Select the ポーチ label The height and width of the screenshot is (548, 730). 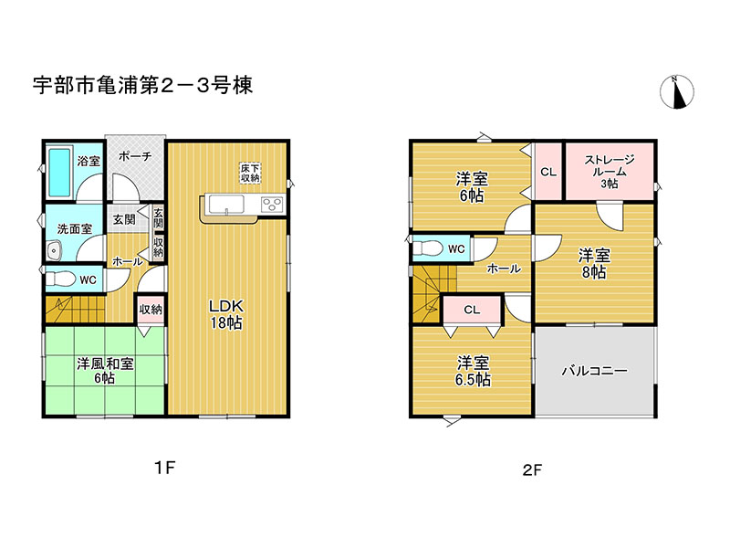point(134,156)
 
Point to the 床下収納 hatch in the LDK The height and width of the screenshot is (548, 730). point(250,173)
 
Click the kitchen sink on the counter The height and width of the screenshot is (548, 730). point(225,204)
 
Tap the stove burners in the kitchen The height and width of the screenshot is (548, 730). point(273,204)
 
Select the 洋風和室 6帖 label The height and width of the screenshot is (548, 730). point(105,370)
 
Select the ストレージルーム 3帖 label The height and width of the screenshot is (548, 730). point(609,171)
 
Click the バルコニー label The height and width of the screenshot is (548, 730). point(593,371)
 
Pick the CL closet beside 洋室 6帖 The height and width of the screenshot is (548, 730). point(547,172)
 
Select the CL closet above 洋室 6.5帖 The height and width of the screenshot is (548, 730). point(471,310)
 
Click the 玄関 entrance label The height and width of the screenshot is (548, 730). point(124,219)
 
